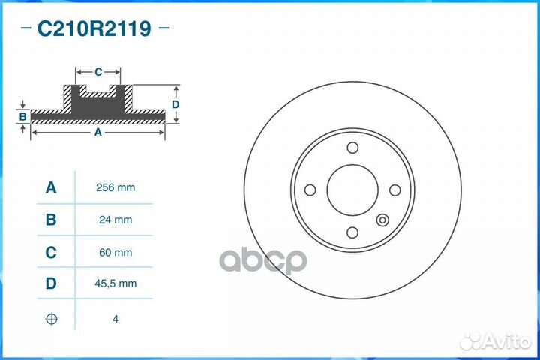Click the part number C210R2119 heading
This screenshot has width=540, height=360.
pyautogui.click(x=94, y=29)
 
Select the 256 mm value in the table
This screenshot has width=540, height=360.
pyautogui.click(x=116, y=187)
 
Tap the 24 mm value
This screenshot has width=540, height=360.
pyautogui.click(x=116, y=220)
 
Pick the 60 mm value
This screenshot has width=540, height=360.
pyautogui.click(x=116, y=253)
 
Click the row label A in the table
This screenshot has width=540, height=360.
pyautogui.click(x=51, y=187)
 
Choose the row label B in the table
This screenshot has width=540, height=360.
pyautogui.click(x=51, y=220)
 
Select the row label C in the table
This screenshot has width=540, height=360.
pyautogui.click(x=51, y=253)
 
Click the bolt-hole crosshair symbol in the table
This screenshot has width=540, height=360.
pyautogui.click(x=51, y=319)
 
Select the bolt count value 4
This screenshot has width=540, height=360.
pyautogui.click(x=115, y=319)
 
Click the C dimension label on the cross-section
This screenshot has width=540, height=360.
pyautogui.click(x=98, y=72)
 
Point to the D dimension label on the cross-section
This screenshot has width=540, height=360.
pyautogui.click(x=175, y=104)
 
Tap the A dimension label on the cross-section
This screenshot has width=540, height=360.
pyautogui.click(x=97, y=132)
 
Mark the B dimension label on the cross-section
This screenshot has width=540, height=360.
pyautogui.click(x=23, y=116)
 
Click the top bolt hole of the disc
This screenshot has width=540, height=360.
pyautogui.click(x=352, y=148)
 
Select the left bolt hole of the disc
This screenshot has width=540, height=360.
pyautogui.click(x=308, y=190)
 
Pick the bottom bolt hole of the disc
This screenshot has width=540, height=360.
pyautogui.click(x=352, y=233)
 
